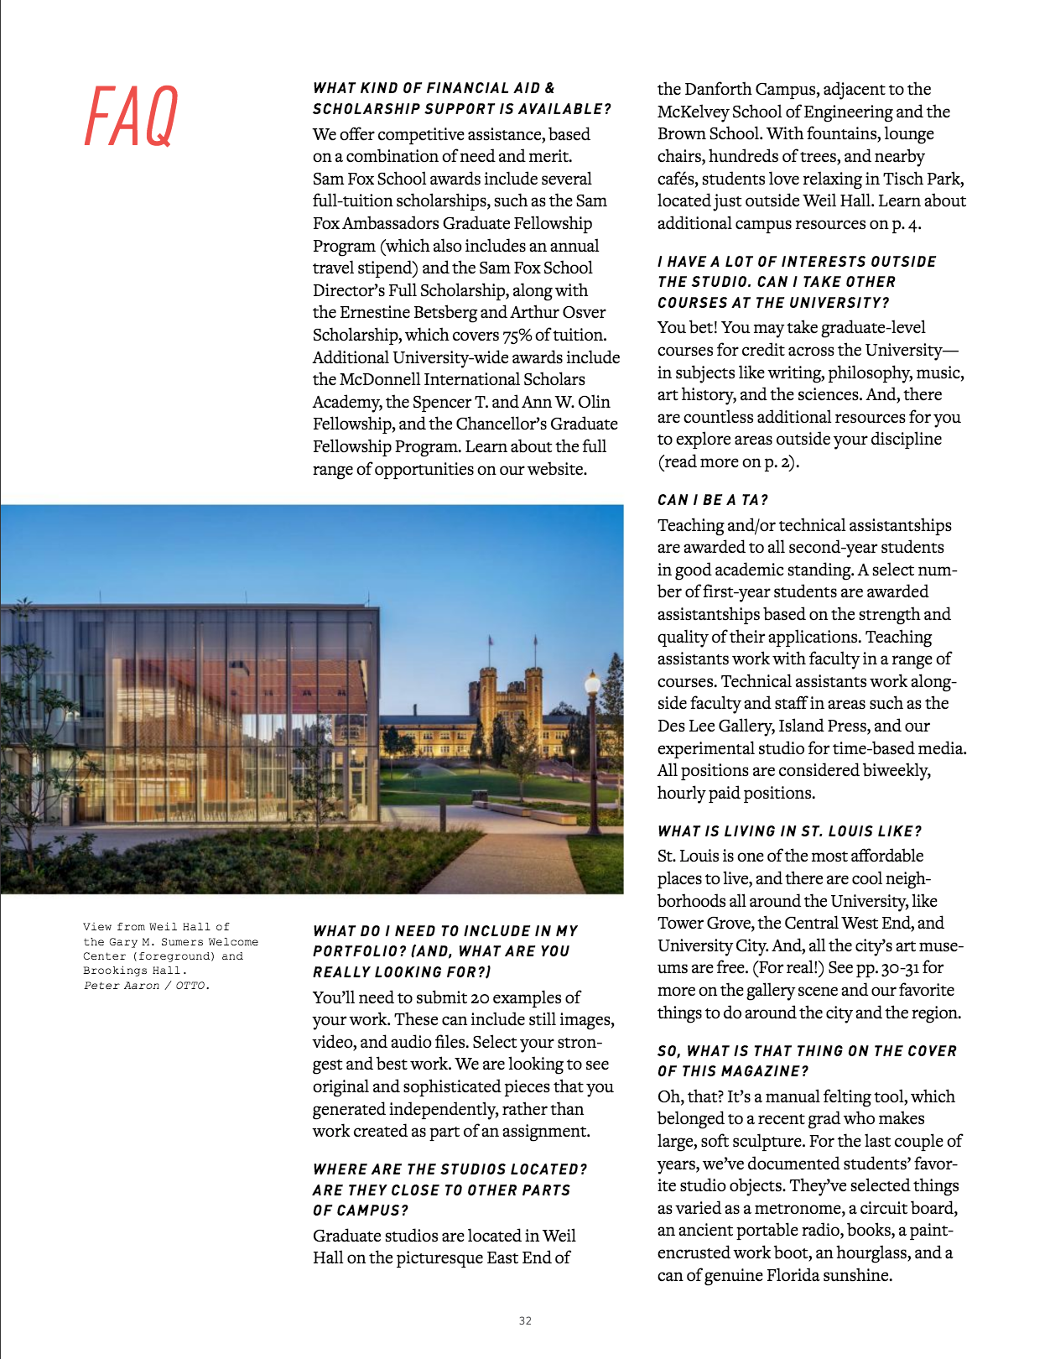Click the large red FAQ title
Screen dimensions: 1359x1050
point(132,117)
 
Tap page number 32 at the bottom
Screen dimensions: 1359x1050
point(525,1320)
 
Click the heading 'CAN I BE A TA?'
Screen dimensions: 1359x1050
point(712,500)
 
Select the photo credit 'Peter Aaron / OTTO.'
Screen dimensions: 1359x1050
point(146,986)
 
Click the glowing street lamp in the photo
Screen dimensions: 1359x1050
point(592,685)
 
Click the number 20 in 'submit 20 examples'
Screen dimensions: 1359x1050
point(480,997)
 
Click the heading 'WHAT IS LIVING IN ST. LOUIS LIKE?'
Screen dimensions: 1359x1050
point(789,831)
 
